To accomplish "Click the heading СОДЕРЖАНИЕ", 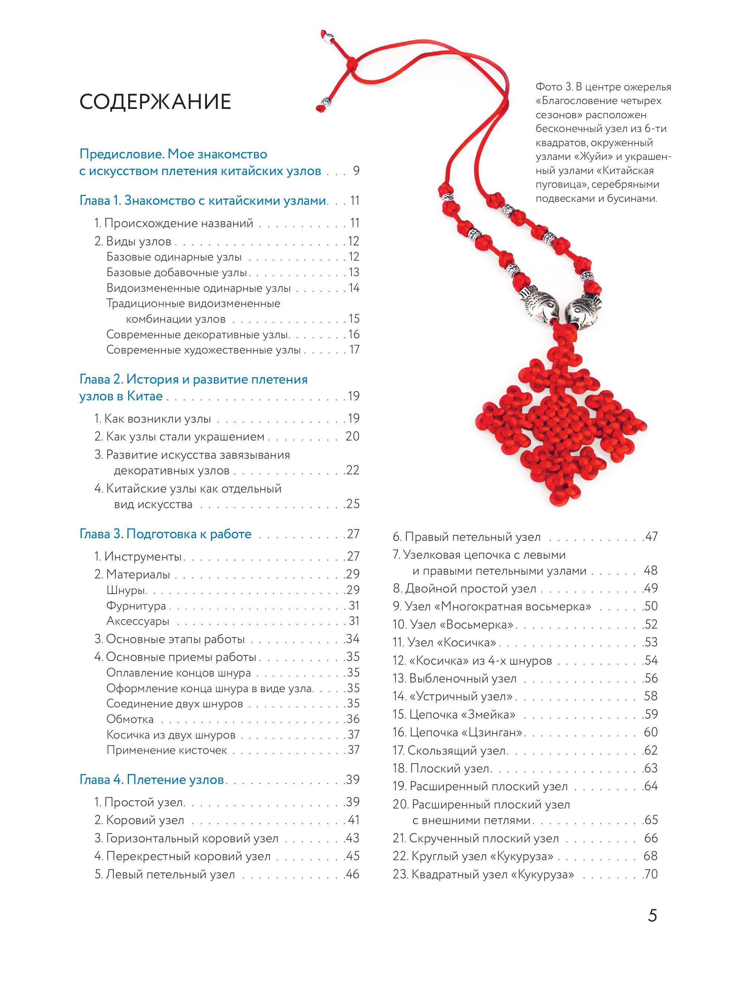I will click(x=155, y=102).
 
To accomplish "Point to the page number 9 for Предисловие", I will click(x=356, y=171).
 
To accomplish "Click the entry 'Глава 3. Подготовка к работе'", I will click(x=165, y=534).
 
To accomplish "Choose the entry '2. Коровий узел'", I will click(x=139, y=820).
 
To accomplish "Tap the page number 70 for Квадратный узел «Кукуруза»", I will click(x=651, y=874).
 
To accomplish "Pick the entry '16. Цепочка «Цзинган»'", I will click(x=457, y=732).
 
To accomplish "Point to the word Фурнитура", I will click(x=136, y=606).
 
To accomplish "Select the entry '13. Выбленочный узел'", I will click(x=454, y=678).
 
